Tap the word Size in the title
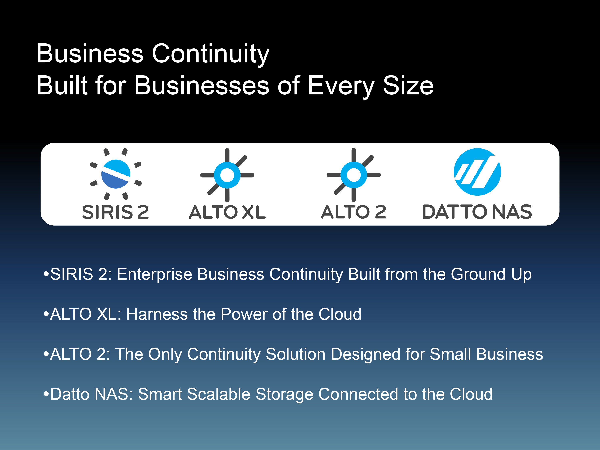click(x=408, y=86)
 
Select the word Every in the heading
click(x=341, y=87)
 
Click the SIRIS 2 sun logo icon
click(x=116, y=174)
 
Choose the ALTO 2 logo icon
click(x=354, y=175)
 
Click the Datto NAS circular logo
click(x=477, y=172)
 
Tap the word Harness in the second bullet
click(x=157, y=314)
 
